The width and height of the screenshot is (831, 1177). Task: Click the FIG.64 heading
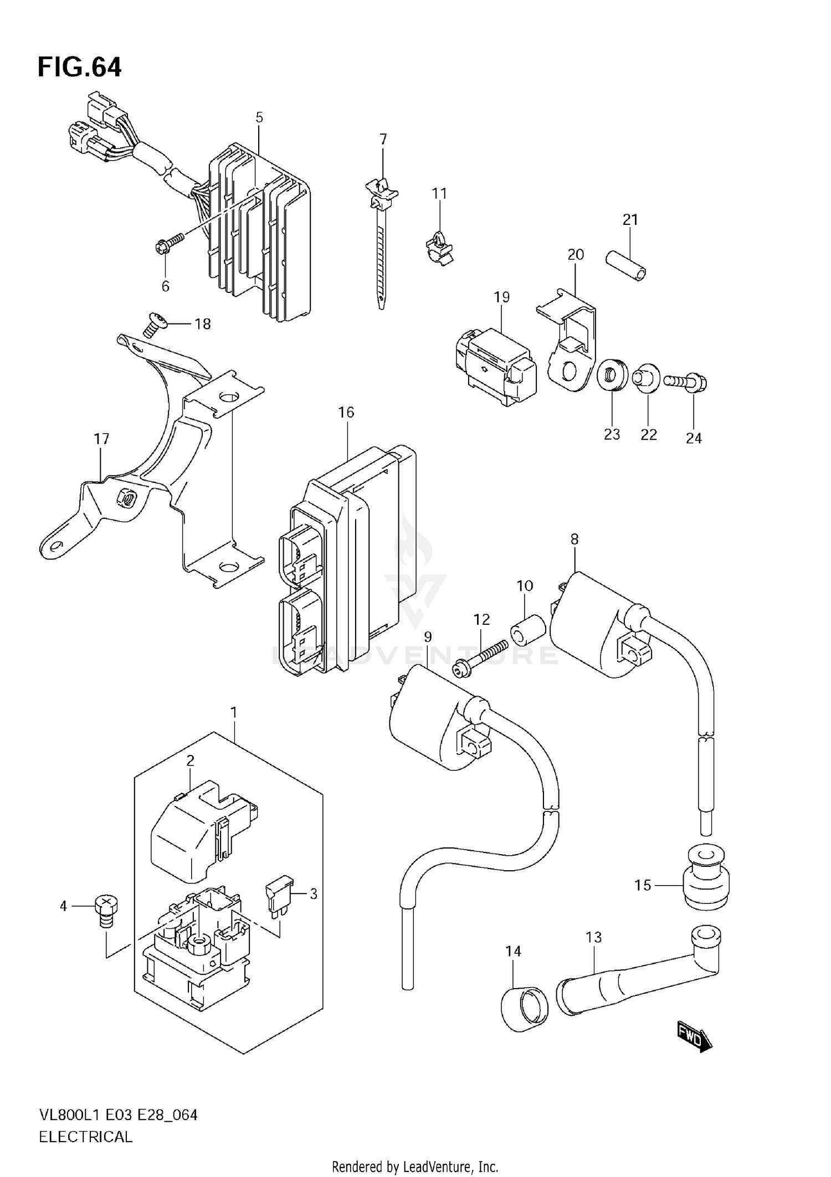pyautogui.click(x=79, y=68)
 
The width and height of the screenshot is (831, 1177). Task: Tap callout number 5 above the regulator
pyautogui.click(x=259, y=117)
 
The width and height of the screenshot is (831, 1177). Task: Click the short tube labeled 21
pyautogui.click(x=627, y=267)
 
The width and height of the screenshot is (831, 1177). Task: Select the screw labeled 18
pyautogui.click(x=151, y=324)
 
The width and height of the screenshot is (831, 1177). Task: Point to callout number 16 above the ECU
pyautogui.click(x=346, y=412)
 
